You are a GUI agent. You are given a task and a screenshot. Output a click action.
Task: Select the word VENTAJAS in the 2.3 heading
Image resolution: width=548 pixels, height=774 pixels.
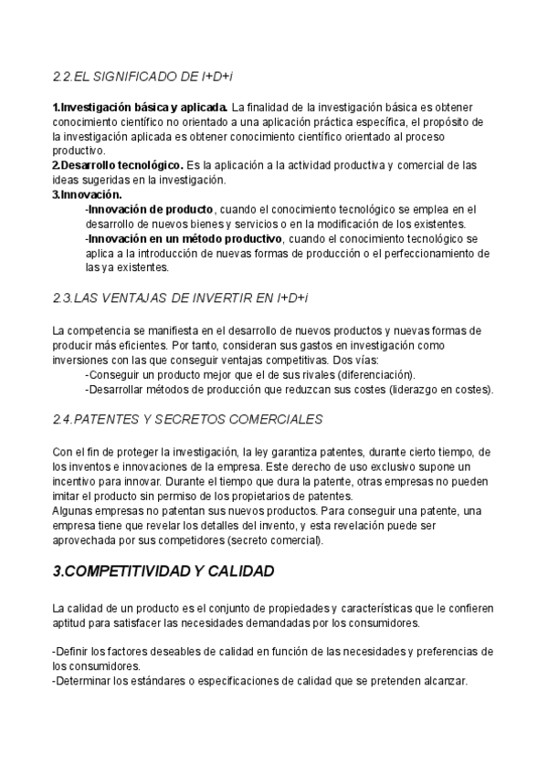point(143,298)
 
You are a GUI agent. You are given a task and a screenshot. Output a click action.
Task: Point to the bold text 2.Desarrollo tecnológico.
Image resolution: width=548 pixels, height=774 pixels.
point(118,165)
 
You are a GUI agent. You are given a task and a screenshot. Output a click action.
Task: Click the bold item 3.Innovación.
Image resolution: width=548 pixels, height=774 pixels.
point(87,194)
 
